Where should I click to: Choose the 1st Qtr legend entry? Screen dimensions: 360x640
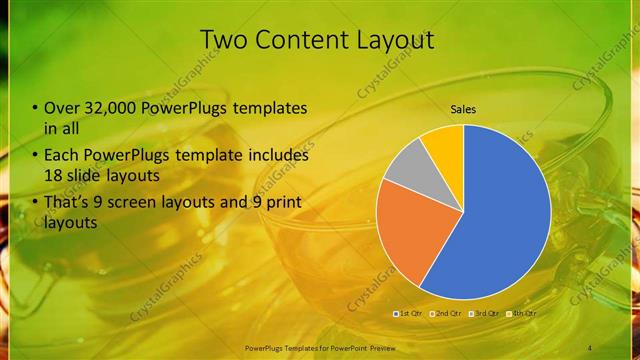(411, 314)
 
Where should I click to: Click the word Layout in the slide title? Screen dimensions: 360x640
(391, 40)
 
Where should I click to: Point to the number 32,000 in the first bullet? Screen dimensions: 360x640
(109, 108)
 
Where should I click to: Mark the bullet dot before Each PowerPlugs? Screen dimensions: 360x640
(36, 156)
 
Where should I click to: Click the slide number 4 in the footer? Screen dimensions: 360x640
(590, 347)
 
